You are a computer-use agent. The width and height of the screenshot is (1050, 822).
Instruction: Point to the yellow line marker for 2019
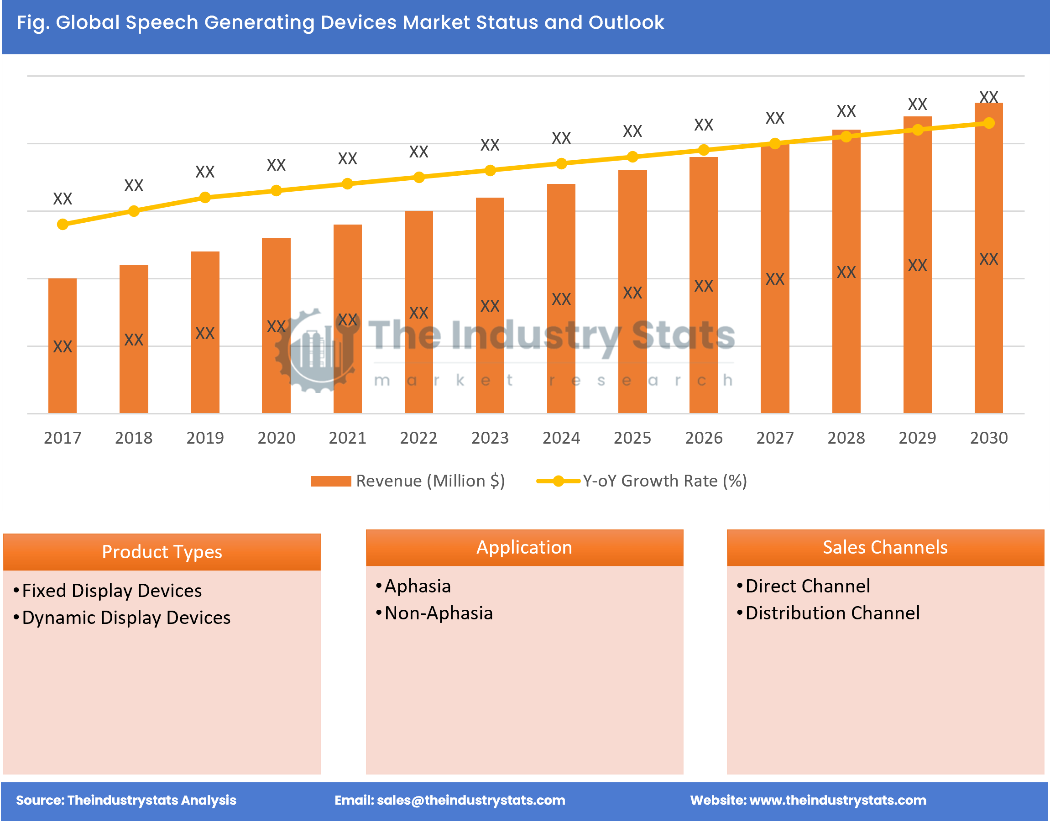(205, 197)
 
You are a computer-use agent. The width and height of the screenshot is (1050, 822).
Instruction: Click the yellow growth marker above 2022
(418, 177)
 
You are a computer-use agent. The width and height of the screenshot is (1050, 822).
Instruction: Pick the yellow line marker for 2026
(704, 150)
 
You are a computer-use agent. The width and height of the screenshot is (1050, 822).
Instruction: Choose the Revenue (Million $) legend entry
(408, 481)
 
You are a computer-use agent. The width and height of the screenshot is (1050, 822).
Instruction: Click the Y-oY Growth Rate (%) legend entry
(642, 481)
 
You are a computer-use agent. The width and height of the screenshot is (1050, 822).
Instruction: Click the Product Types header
(162, 551)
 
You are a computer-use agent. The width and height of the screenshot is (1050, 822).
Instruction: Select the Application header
(524, 547)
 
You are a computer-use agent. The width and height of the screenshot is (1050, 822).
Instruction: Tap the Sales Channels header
(885, 547)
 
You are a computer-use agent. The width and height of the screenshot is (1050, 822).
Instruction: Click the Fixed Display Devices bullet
(112, 591)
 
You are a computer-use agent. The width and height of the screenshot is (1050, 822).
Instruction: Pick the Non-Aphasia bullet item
(439, 613)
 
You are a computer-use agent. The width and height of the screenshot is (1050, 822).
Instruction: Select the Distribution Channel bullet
(832, 613)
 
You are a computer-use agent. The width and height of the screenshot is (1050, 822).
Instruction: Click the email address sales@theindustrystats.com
(470, 800)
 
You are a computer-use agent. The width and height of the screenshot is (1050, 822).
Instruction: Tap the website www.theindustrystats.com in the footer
(837, 800)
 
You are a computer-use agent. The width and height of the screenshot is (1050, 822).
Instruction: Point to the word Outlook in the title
(626, 23)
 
